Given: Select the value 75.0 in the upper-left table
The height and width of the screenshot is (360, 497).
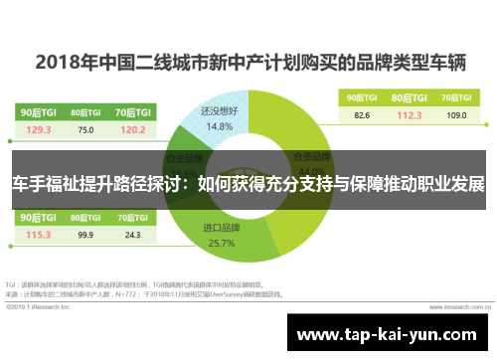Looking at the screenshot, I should coord(85,129).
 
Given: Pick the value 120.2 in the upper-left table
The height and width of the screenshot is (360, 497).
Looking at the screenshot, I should coord(132,129).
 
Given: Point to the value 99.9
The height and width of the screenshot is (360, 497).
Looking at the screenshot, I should coord(85,235).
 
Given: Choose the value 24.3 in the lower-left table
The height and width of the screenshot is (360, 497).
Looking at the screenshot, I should coord(132,235).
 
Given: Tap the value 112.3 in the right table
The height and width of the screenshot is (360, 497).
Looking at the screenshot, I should coord(411,114).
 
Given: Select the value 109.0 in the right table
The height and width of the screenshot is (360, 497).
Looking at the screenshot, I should coord(456,114).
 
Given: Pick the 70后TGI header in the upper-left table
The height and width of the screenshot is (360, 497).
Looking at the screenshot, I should coord(132,112).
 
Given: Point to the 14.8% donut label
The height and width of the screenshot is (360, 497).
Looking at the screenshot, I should coord(221,126).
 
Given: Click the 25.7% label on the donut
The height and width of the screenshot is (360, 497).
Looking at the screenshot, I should coord(221,243).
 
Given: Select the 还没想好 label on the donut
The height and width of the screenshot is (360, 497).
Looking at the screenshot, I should coord(221,112).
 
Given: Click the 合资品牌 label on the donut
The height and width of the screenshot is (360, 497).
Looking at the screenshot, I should coord(308,156).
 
